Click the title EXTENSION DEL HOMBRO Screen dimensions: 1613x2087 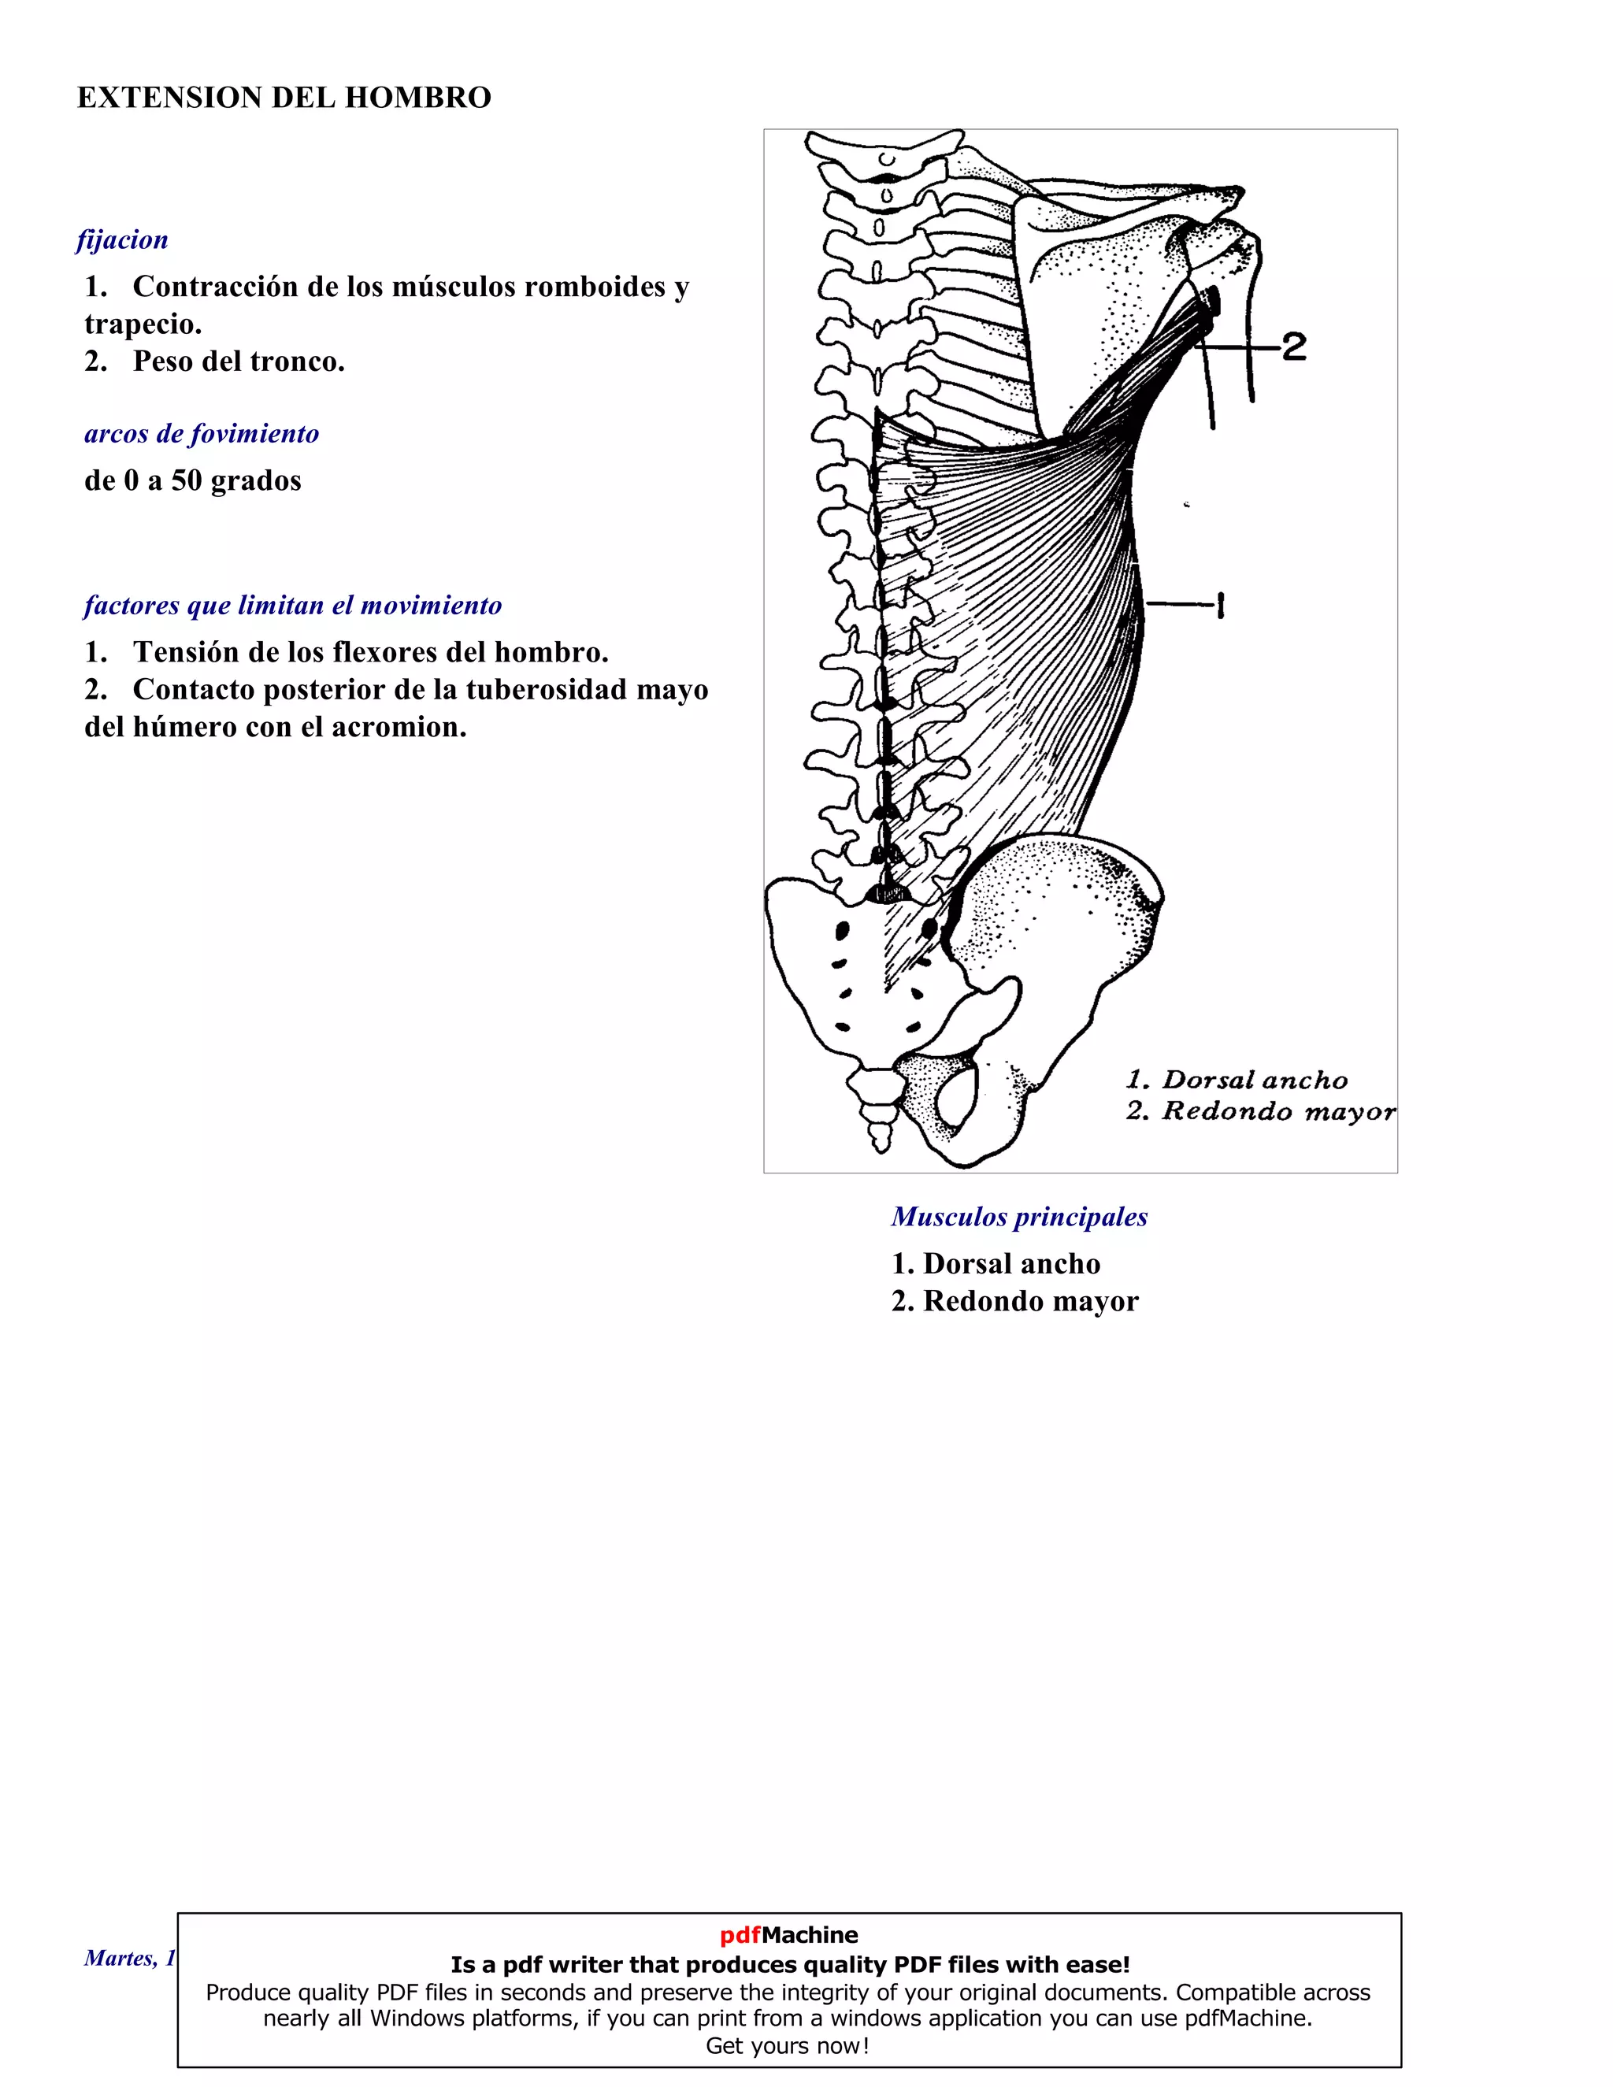pos(284,98)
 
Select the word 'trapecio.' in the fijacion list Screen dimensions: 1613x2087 pos(143,324)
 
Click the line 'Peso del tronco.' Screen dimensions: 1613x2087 pos(238,361)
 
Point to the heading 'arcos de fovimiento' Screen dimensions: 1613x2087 pos(202,434)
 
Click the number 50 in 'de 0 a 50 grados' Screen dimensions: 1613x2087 pos(187,480)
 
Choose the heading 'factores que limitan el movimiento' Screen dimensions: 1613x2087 pos(292,605)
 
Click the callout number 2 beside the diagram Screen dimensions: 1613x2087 pos(1294,346)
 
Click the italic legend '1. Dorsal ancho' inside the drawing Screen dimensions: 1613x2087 pos(1237,1080)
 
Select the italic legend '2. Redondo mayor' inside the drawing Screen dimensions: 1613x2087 pos(1259,1111)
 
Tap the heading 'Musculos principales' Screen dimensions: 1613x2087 pos(1018,1217)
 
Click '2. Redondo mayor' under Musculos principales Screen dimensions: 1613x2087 pos(1014,1302)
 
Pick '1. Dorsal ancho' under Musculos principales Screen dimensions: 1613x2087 pos(996,1264)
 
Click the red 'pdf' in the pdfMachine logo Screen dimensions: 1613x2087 pos(740,1935)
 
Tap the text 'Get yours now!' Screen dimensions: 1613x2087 pos(788,2046)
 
